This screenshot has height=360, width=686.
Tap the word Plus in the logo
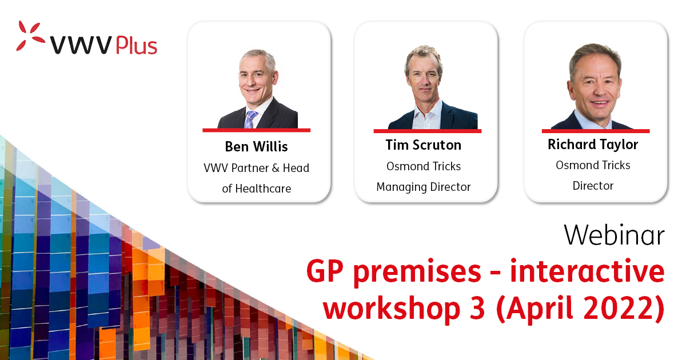137,46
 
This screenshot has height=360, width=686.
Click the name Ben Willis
256,147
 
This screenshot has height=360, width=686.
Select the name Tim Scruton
424,145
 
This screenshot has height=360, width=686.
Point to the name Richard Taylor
593,145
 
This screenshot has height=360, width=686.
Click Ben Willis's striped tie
250,119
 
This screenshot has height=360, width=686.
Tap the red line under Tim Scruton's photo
428,131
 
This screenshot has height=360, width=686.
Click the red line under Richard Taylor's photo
596,131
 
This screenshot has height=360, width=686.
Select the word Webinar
614,235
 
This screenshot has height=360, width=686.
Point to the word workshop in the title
392,309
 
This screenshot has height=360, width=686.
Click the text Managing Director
424,187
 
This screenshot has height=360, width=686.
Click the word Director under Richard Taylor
593,186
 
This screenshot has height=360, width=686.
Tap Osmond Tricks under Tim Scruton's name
424,166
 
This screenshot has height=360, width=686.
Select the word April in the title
539,309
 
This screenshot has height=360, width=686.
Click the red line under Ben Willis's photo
256,130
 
